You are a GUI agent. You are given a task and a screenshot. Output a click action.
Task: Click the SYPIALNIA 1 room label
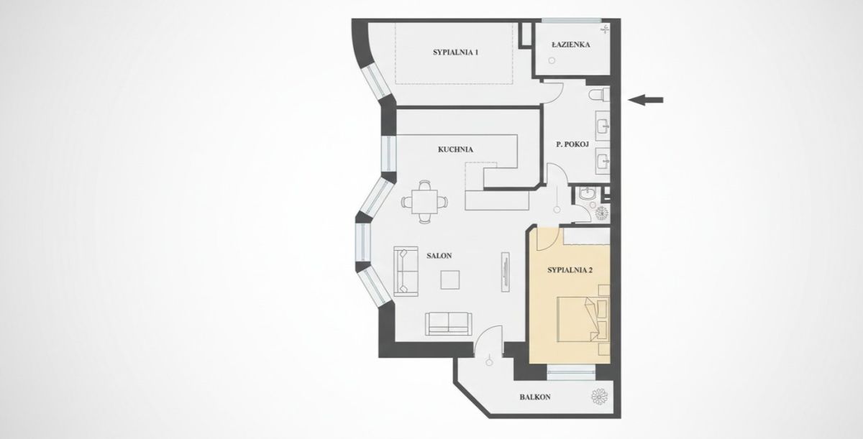[455, 52]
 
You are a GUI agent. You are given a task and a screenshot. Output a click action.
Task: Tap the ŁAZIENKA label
[570, 45]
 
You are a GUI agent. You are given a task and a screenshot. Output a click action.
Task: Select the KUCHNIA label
[455, 149]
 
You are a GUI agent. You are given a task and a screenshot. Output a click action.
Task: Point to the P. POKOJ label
[572, 144]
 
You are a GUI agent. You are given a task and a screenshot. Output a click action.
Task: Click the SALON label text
[439, 256]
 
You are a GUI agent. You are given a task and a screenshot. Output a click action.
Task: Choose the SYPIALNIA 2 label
[570, 270]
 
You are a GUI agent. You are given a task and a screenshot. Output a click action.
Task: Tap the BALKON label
[535, 397]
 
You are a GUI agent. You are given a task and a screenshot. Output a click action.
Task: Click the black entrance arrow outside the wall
[645, 100]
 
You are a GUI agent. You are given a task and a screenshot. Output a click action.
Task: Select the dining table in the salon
[424, 202]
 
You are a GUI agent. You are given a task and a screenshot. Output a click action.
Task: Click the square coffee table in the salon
[450, 279]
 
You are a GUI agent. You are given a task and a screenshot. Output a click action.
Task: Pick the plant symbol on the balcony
[600, 397]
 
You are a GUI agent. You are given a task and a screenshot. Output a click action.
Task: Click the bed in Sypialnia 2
[583, 319]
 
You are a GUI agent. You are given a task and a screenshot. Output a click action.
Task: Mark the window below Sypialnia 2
[571, 372]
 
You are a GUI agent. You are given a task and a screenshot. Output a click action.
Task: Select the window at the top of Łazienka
[571, 21]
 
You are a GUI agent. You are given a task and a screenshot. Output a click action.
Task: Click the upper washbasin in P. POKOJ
[603, 126]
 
